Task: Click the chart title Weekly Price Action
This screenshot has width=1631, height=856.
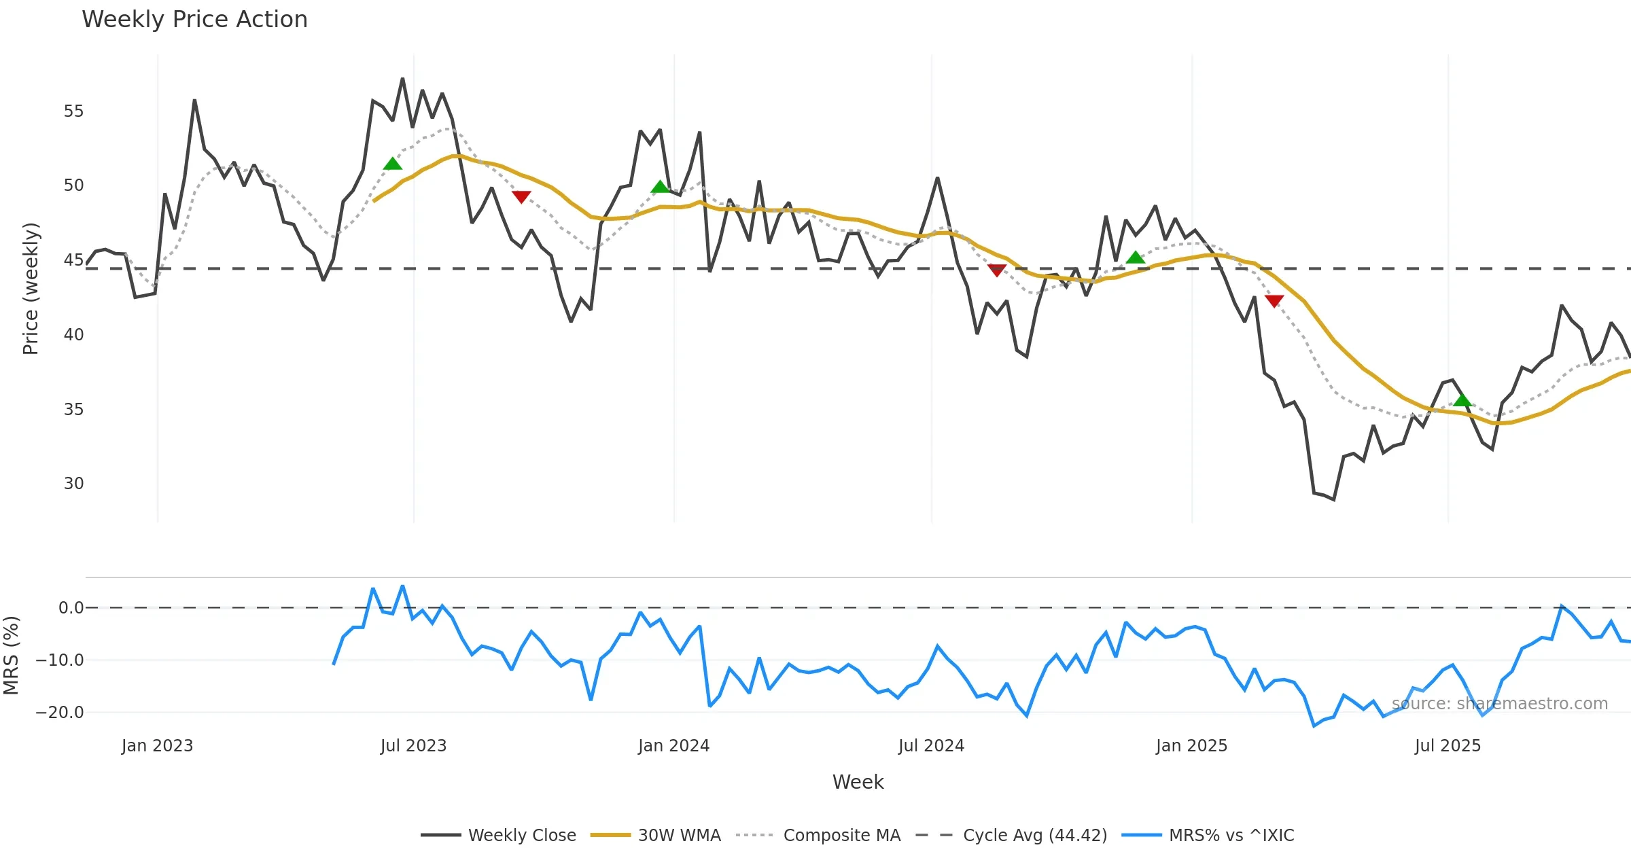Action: [x=194, y=19]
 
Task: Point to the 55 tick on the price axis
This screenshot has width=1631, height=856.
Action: [x=73, y=111]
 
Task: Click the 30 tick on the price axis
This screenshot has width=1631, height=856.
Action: [x=73, y=484]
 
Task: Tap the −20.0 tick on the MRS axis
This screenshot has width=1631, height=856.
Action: [x=60, y=713]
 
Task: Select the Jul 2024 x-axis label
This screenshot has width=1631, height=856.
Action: [x=931, y=746]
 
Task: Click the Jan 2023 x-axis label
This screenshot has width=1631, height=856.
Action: [x=157, y=746]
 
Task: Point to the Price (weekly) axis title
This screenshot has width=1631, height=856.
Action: [x=31, y=289]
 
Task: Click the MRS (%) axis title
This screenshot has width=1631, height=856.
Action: [x=11, y=656]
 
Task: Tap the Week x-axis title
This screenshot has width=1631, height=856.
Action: [x=858, y=783]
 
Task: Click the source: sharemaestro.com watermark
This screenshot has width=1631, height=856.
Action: [x=1499, y=704]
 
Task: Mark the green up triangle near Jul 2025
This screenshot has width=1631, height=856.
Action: [x=1462, y=400]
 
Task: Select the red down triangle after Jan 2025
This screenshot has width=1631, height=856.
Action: [x=1274, y=301]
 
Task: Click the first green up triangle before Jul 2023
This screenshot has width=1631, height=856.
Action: [x=393, y=164]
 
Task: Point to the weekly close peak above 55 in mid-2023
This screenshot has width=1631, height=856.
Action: [x=402, y=79]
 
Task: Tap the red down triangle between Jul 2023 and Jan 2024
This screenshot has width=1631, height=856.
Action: [x=521, y=197]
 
